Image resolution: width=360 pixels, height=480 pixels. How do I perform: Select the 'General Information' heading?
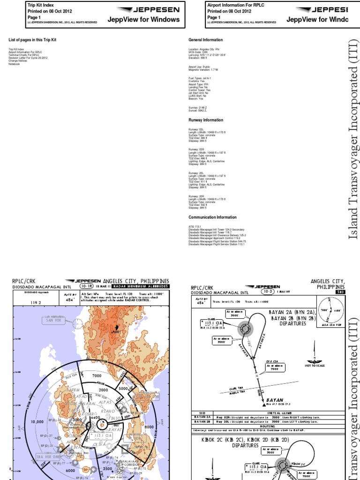[x=206, y=40]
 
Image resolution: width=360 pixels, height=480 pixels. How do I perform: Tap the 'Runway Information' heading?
[x=206, y=120]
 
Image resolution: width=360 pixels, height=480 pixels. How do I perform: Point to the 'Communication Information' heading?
[x=212, y=217]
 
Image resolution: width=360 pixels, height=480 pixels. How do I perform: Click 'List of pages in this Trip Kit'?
[x=32, y=40]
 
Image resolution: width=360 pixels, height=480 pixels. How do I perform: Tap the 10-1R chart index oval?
[x=86, y=285]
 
